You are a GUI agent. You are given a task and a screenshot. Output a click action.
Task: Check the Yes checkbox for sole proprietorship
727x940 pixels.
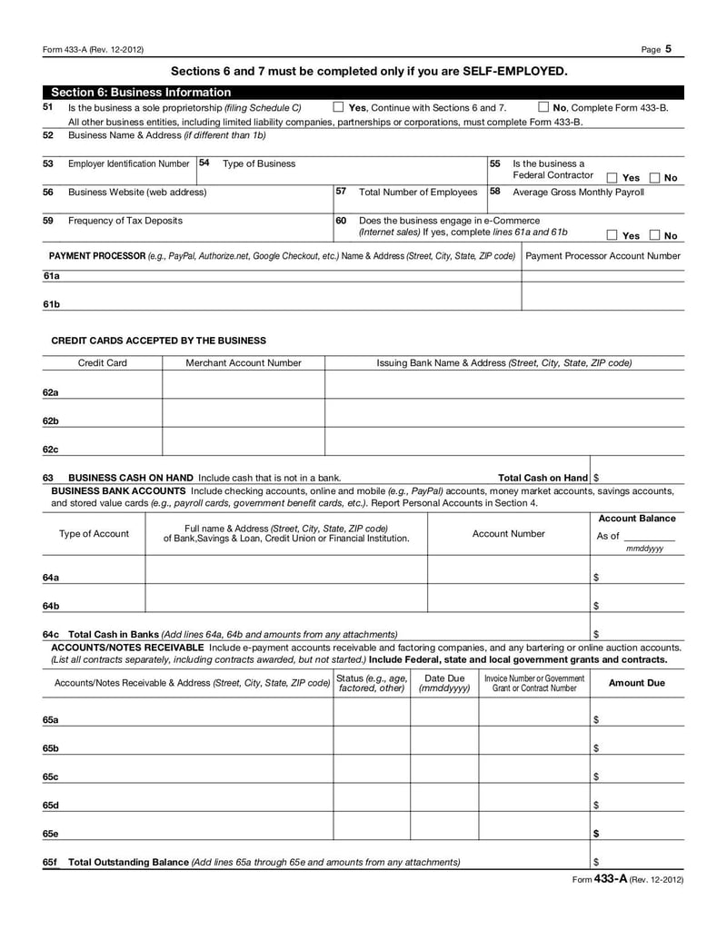tap(338, 107)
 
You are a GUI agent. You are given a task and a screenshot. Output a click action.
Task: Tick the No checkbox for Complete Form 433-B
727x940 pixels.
tap(543, 107)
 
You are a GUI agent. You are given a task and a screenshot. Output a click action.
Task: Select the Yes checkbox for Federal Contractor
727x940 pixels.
tap(612, 178)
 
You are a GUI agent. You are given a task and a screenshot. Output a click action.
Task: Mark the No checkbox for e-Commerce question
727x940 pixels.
tap(655, 235)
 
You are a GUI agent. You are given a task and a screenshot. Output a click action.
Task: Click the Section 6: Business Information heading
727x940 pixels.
tap(141, 92)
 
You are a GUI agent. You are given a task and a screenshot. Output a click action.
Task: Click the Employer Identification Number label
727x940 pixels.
tap(129, 163)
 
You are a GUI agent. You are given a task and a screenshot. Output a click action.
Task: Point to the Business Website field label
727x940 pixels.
tap(137, 192)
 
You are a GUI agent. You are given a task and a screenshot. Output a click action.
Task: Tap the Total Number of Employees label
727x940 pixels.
tap(418, 192)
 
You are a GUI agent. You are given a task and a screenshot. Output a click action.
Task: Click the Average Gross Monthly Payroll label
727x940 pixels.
tap(578, 192)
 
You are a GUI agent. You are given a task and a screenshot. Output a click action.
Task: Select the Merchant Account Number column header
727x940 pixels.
tap(244, 362)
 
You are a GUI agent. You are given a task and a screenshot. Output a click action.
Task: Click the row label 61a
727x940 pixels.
tap(51, 275)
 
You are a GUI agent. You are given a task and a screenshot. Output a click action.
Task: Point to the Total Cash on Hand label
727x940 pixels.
tap(543, 478)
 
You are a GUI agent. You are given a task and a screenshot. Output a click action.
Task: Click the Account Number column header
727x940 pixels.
tap(509, 534)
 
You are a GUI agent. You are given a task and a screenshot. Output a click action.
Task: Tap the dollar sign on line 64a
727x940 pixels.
tap(596, 577)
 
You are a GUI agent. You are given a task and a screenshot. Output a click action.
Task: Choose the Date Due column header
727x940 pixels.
tap(444, 683)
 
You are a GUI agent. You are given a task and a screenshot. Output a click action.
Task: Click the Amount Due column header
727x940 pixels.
tap(636, 683)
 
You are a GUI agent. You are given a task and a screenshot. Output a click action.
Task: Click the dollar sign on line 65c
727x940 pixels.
tap(596, 777)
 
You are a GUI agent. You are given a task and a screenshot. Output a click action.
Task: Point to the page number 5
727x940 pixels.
tap(668, 49)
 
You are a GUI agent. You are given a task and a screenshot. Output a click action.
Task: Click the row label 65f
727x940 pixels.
tap(51, 861)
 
